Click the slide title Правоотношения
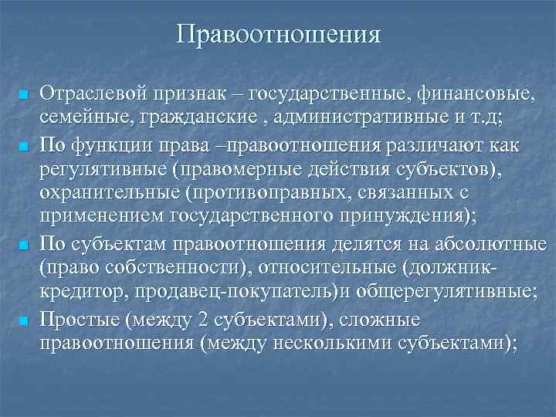click(278, 35)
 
